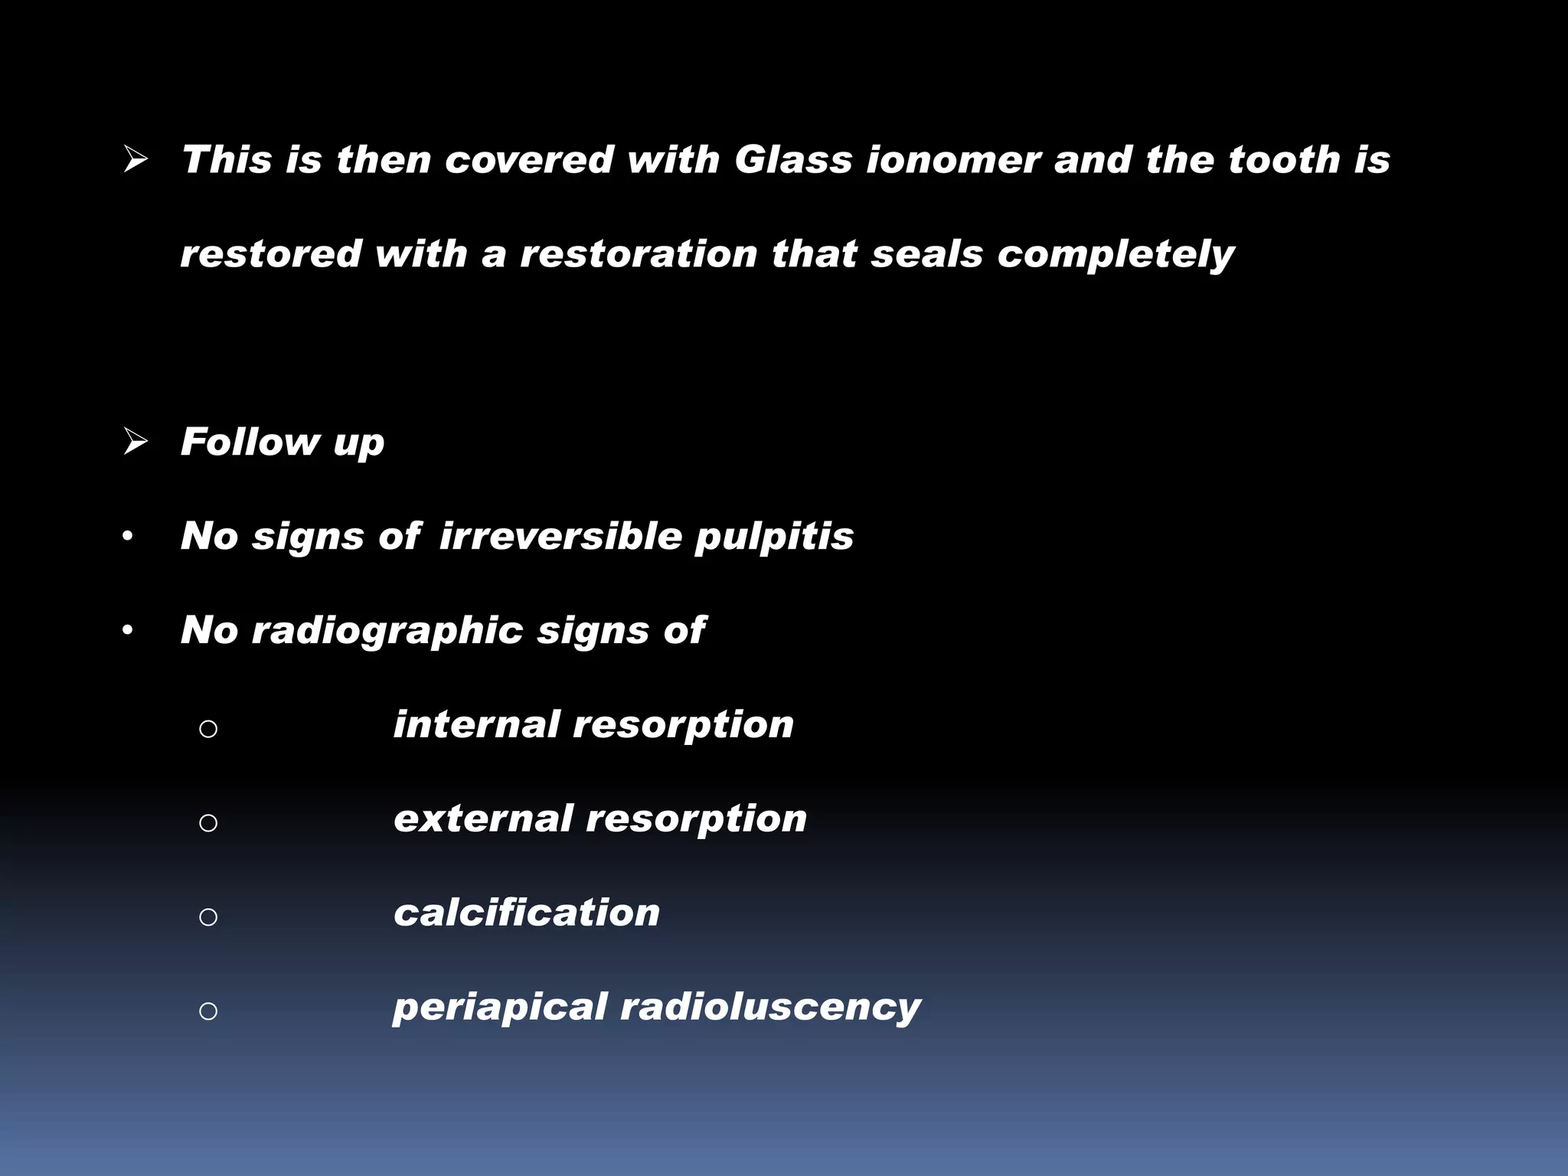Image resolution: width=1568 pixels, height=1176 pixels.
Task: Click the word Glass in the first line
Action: click(x=793, y=160)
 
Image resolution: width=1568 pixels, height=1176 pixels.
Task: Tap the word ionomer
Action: click(x=953, y=160)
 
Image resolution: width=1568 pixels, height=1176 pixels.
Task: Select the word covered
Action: click(x=529, y=160)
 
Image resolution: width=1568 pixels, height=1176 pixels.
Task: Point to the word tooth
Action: click(x=1284, y=160)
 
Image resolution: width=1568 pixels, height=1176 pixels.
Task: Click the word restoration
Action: click(x=639, y=254)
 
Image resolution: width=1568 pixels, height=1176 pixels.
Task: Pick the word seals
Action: click(x=926, y=254)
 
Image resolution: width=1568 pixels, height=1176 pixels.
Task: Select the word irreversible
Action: click(x=560, y=536)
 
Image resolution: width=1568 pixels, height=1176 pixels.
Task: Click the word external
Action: click(x=482, y=818)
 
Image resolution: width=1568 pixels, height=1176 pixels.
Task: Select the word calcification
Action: click(x=527, y=913)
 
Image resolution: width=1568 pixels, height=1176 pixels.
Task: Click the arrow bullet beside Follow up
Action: click(x=136, y=442)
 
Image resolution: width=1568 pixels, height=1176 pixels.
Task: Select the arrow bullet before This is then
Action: click(x=136, y=160)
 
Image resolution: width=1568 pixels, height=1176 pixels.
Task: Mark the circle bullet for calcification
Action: click(x=208, y=916)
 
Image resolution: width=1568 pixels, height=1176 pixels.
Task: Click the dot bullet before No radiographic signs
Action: click(x=128, y=631)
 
